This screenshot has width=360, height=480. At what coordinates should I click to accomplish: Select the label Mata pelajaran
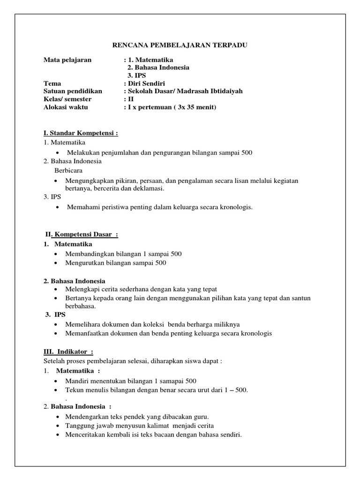pos(67,60)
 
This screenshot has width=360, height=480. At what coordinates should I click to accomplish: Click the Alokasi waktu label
pos(66,107)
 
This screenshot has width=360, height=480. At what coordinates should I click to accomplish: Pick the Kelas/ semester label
pos(67,99)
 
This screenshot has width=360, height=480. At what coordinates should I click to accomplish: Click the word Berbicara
pos(68,170)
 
